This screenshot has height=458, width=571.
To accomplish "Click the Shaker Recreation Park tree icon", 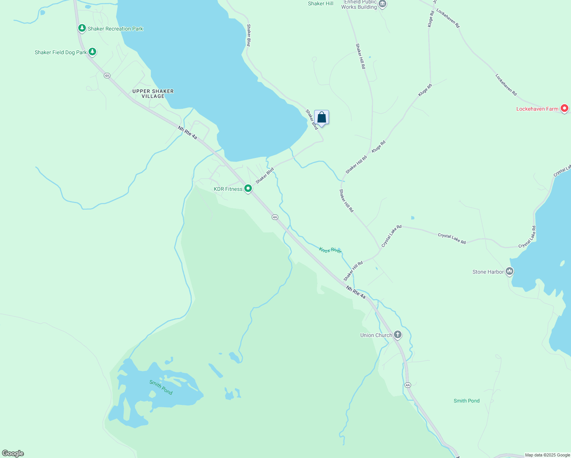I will (82, 28).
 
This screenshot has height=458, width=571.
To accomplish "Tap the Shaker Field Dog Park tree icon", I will (92, 52).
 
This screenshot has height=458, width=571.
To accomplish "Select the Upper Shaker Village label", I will (153, 94).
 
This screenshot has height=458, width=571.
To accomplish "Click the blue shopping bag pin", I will (321, 118).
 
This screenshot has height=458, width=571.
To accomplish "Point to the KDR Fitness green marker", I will (248, 189).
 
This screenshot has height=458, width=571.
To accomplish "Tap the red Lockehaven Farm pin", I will (564, 108).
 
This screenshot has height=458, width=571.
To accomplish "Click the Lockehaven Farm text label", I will (537, 109).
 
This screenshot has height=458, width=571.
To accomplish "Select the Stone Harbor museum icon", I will (509, 271).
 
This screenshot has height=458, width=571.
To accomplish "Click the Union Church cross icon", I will (397, 335).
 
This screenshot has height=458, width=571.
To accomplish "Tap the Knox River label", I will (331, 250).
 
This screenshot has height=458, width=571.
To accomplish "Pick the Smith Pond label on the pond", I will (161, 387).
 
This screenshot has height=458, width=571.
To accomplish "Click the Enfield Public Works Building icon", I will (382, 4).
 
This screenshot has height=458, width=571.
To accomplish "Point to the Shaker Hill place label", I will (321, 3).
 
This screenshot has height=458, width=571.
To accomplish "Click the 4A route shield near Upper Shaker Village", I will (107, 76).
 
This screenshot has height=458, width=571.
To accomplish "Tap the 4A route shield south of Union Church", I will (408, 385).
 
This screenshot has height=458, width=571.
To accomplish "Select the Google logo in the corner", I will (13, 453).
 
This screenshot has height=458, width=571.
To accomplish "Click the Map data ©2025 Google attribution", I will (547, 455).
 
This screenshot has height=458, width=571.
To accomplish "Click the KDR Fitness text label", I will (228, 189).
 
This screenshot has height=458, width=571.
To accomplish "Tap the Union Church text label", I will (376, 335).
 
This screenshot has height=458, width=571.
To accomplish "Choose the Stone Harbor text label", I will (488, 272).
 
